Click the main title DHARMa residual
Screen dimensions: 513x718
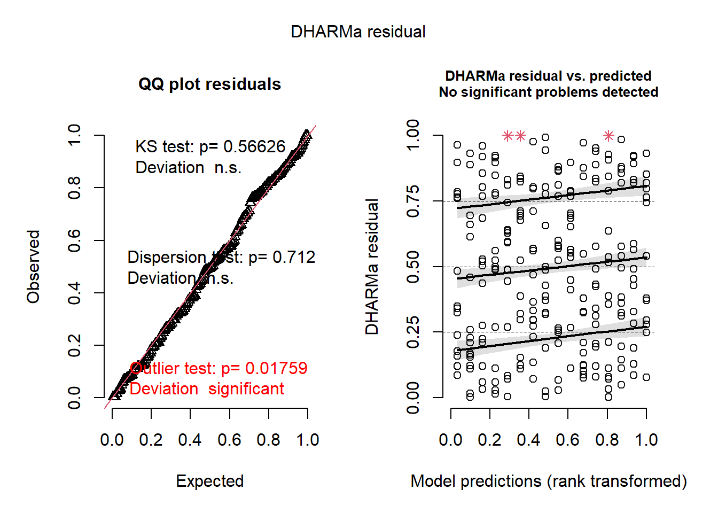(358, 32)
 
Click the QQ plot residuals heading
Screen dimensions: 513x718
(209, 84)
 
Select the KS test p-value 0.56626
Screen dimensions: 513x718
(254, 147)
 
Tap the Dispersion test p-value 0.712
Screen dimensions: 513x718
(294, 258)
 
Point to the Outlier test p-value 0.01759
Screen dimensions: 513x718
(276, 368)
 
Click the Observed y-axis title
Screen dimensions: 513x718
(34, 267)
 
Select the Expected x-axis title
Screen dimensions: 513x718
(209, 481)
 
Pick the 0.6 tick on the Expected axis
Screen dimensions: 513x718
(229, 440)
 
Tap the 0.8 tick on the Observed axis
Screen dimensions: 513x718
(74, 188)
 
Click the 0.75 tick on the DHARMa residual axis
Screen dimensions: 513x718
(413, 201)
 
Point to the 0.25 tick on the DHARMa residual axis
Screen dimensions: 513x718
(413, 332)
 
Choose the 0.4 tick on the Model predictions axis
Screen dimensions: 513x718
(528, 440)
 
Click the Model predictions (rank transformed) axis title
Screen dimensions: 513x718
(549, 481)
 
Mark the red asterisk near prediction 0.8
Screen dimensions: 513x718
(608, 136)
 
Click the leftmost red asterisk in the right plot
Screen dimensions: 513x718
(508, 136)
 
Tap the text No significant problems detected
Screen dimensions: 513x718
(549, 92)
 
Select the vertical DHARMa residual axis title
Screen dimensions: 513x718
(372, 267)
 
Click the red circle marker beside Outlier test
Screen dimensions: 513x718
(136, 368)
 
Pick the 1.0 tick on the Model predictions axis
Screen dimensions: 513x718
(646, 440)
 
